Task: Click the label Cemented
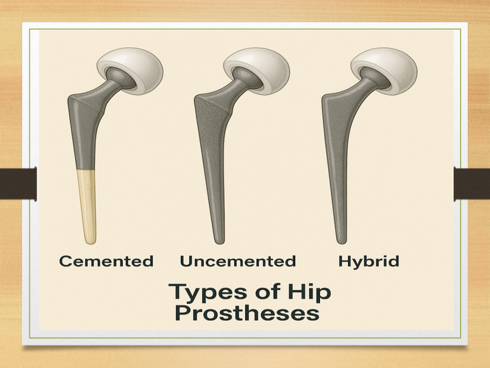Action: (106, 261)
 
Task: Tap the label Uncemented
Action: (238, 261)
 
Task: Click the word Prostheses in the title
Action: (247, 313)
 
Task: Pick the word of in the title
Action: (267, 291)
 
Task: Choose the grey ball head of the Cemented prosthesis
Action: (120, 78)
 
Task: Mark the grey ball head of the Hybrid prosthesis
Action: (374, 78)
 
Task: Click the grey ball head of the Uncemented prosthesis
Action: (247, 78)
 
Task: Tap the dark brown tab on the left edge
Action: (18, 184)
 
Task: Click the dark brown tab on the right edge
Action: (472, 184)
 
